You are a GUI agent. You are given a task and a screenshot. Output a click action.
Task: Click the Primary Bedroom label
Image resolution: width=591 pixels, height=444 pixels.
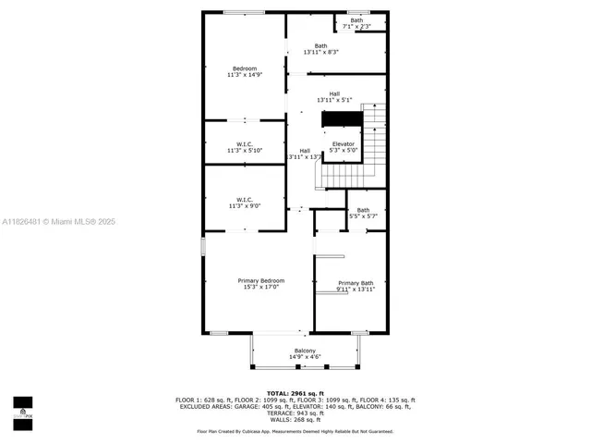click(260, 280)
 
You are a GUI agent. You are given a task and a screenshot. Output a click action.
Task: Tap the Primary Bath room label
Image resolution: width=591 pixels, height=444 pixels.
click(356, 283)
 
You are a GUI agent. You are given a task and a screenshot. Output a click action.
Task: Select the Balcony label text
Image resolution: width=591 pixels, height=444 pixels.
click(305, 350)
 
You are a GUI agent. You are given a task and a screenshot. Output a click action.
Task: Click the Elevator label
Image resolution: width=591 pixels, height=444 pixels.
click(344, 143)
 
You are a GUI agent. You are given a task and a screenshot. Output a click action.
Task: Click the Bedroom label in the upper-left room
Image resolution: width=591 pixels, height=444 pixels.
click(245, 69)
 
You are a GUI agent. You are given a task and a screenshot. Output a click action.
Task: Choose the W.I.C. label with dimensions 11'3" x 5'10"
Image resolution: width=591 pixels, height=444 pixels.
click(245, 143)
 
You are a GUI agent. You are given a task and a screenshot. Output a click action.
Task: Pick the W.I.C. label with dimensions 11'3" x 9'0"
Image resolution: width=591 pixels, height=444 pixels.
click(245, 199)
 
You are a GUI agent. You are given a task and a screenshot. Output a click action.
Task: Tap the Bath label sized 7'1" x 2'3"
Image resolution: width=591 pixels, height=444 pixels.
click(356, 20)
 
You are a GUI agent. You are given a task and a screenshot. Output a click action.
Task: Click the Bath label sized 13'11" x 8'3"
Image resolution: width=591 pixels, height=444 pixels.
click(320, 46)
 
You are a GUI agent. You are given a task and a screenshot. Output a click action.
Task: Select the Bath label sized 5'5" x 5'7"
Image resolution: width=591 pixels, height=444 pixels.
click(363, 210)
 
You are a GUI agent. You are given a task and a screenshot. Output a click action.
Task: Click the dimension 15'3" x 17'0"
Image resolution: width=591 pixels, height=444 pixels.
click(260, 287)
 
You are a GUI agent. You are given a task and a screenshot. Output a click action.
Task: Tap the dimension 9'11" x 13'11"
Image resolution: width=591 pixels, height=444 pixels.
click(356, 290)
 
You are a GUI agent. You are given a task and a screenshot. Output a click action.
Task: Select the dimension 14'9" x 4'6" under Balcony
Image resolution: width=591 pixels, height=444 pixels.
click(305, 356)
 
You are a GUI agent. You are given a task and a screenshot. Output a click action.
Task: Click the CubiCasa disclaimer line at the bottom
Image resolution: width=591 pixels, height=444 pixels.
click(295, 431)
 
